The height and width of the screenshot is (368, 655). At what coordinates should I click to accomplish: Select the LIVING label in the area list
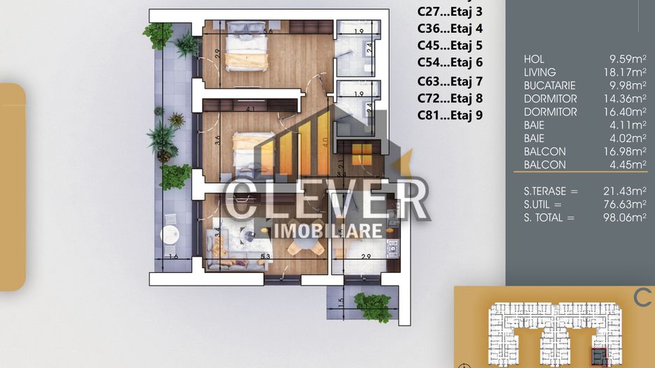click(x=540, y=73)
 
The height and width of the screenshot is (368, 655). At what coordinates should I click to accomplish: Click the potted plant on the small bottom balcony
click(x=374, y=306)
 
